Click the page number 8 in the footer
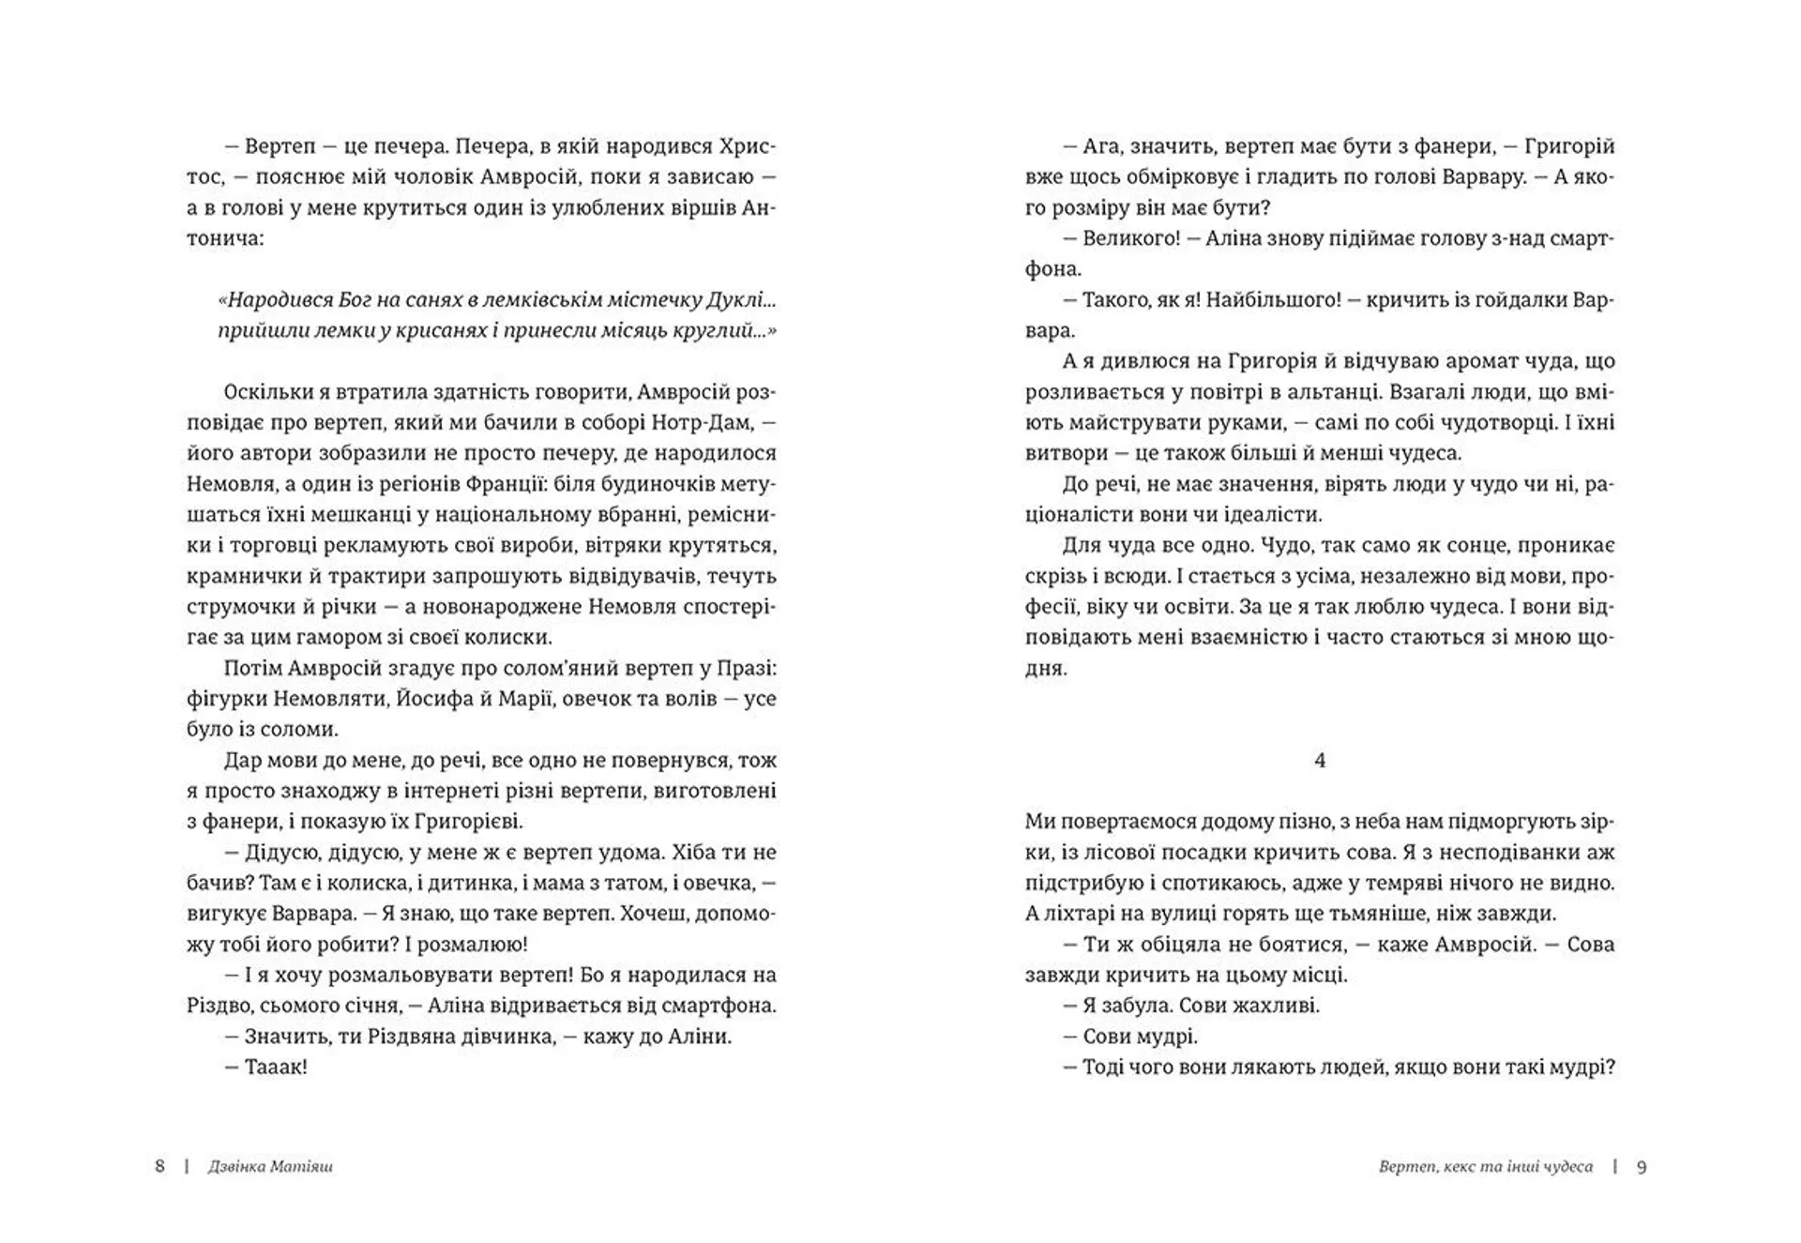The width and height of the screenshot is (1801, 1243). (x=159, y=1166)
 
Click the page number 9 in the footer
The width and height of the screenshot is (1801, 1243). (x=1642, y=1167)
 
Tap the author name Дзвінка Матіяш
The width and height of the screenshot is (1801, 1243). (x=270, y=1167)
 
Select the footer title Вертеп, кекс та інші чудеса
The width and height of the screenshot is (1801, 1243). (x=1486, y=1167)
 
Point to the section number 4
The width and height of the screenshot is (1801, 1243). (x=1320, y=760)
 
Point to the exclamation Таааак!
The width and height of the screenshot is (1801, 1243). (x=276, y=1067)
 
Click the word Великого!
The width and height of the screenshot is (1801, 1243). (x=1130, y=238)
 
